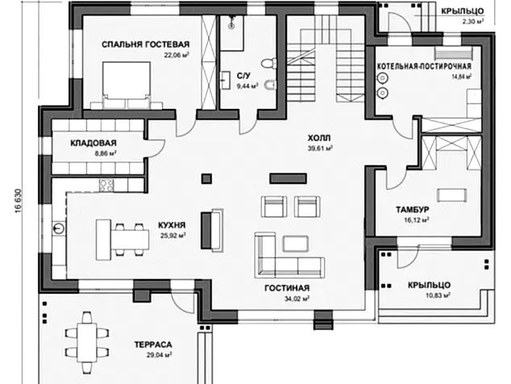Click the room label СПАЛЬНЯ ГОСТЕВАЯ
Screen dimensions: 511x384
pyautogui.click(x=145, y=44)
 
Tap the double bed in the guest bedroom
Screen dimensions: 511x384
pyautogui.click(x=127, y=86)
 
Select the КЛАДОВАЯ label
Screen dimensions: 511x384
pyautogui.click(x=93, y=144)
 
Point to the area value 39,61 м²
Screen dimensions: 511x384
pyautogui.click(x=320, y=148)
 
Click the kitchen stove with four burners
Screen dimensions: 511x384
pyautogui.click(x=106, y=186)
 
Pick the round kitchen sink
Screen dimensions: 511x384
pyautogui.click(x=59, y=228)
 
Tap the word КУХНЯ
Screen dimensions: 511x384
pyautogui.click(x=172, y=225)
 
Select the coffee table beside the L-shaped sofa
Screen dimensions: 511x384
pyautogui.click(x=296, y=244)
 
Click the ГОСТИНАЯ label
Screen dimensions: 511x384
pyautogui.click(x=287, y=289)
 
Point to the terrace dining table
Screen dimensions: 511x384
pyautogui.click(x=87, y=342)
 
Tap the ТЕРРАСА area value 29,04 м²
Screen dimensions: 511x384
pyautogui.click(x=160, y=355)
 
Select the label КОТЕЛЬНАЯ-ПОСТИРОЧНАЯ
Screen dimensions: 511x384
pyautogui.click(x=424, y=67)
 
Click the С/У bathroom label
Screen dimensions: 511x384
pyautogui.click(x=243, y=76)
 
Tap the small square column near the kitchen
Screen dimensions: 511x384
pyautogui.click(x=206, y=179)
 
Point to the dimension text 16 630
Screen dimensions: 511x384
pyautogui.click(x=18, y=201)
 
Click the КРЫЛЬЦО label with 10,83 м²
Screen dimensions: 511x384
pyautogui.click(x=430, y=285)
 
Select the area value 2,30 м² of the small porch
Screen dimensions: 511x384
pyautogui.click(x=472, y=22)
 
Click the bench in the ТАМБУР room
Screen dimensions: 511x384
pyautogui.click(x=452, y=196)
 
